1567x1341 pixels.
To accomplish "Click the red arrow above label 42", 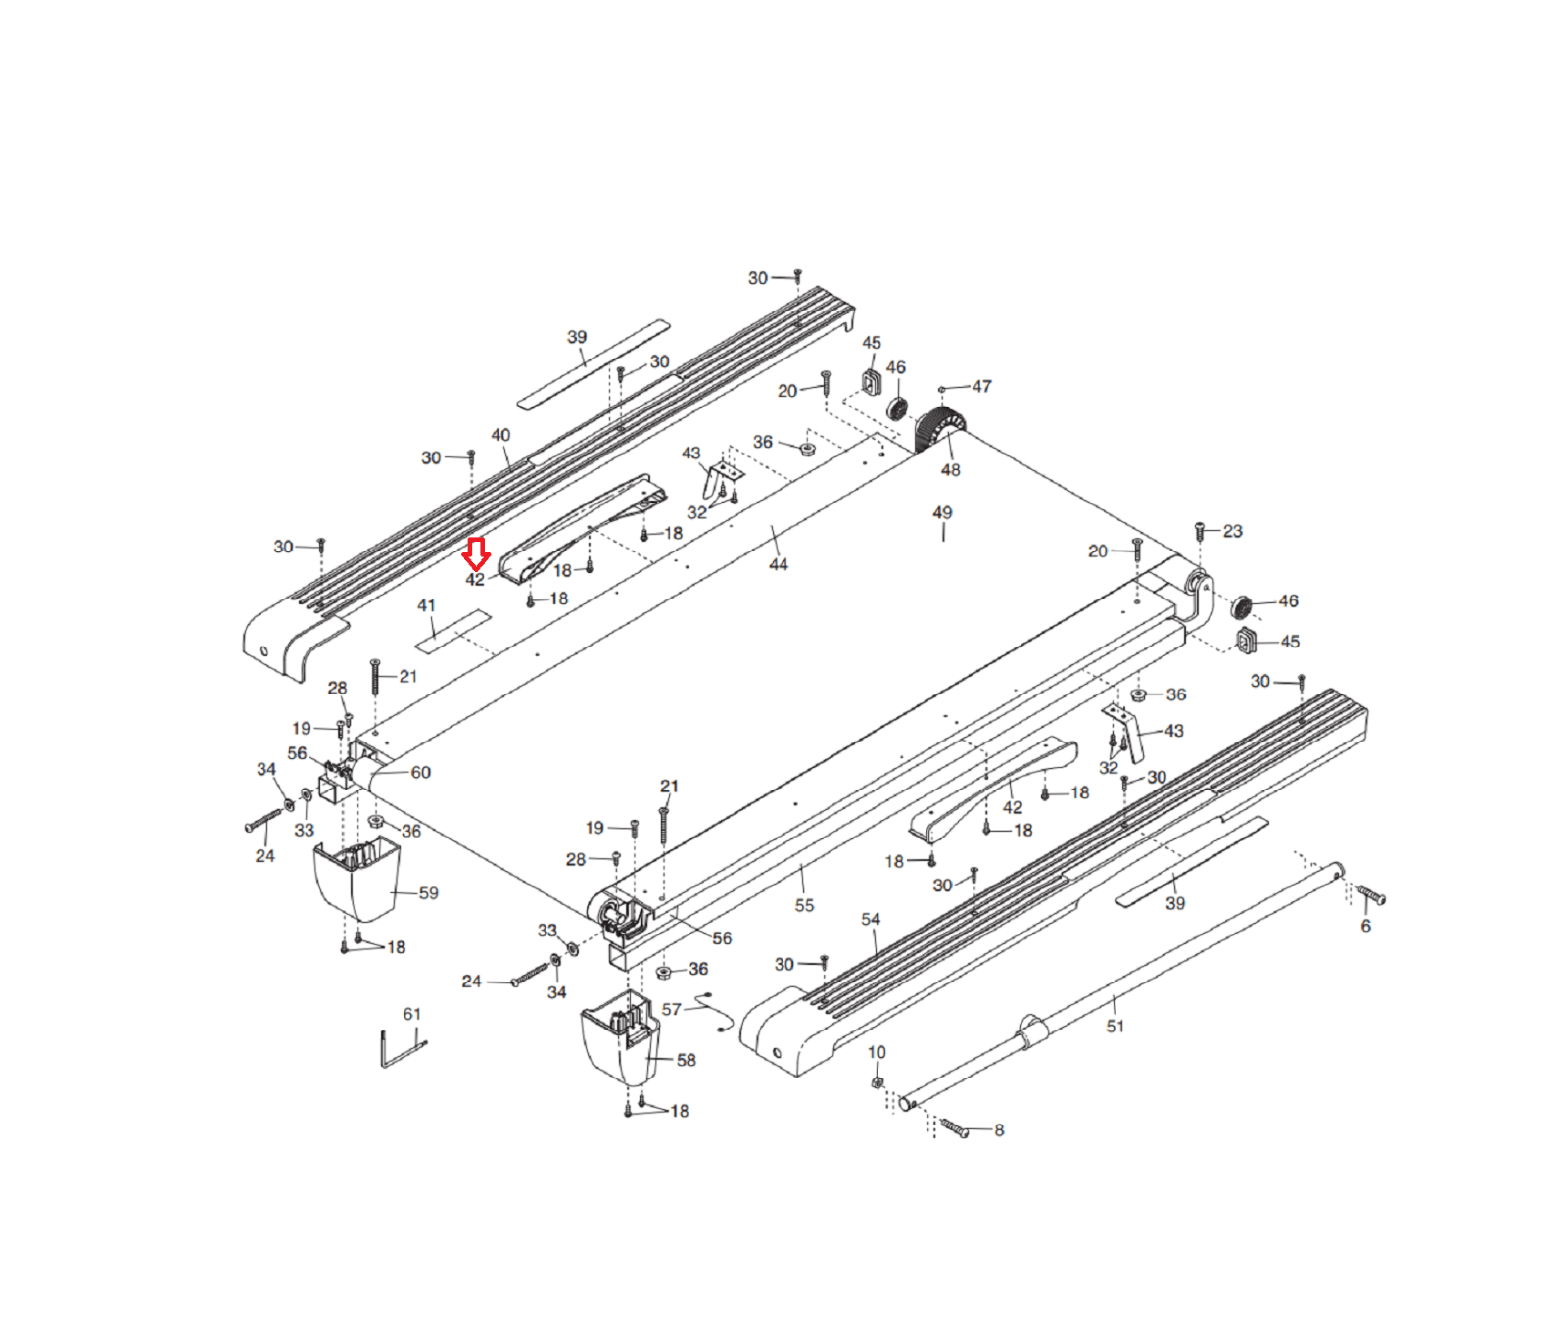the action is tap(476, 553).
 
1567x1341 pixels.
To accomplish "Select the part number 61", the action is tap(412, 1014).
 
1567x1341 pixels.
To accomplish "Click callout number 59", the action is tap(428, 893).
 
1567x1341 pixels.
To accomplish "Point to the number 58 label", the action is tap(686, 1060).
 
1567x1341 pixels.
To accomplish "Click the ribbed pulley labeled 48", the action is tap(938, 432).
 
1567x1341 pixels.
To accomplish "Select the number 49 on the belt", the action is tap(942, 512).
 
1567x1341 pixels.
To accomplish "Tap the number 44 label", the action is tap(778, 564).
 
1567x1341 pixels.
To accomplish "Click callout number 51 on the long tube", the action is tap(1115, 1026).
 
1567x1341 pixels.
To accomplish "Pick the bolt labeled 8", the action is tap(954, 1127).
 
